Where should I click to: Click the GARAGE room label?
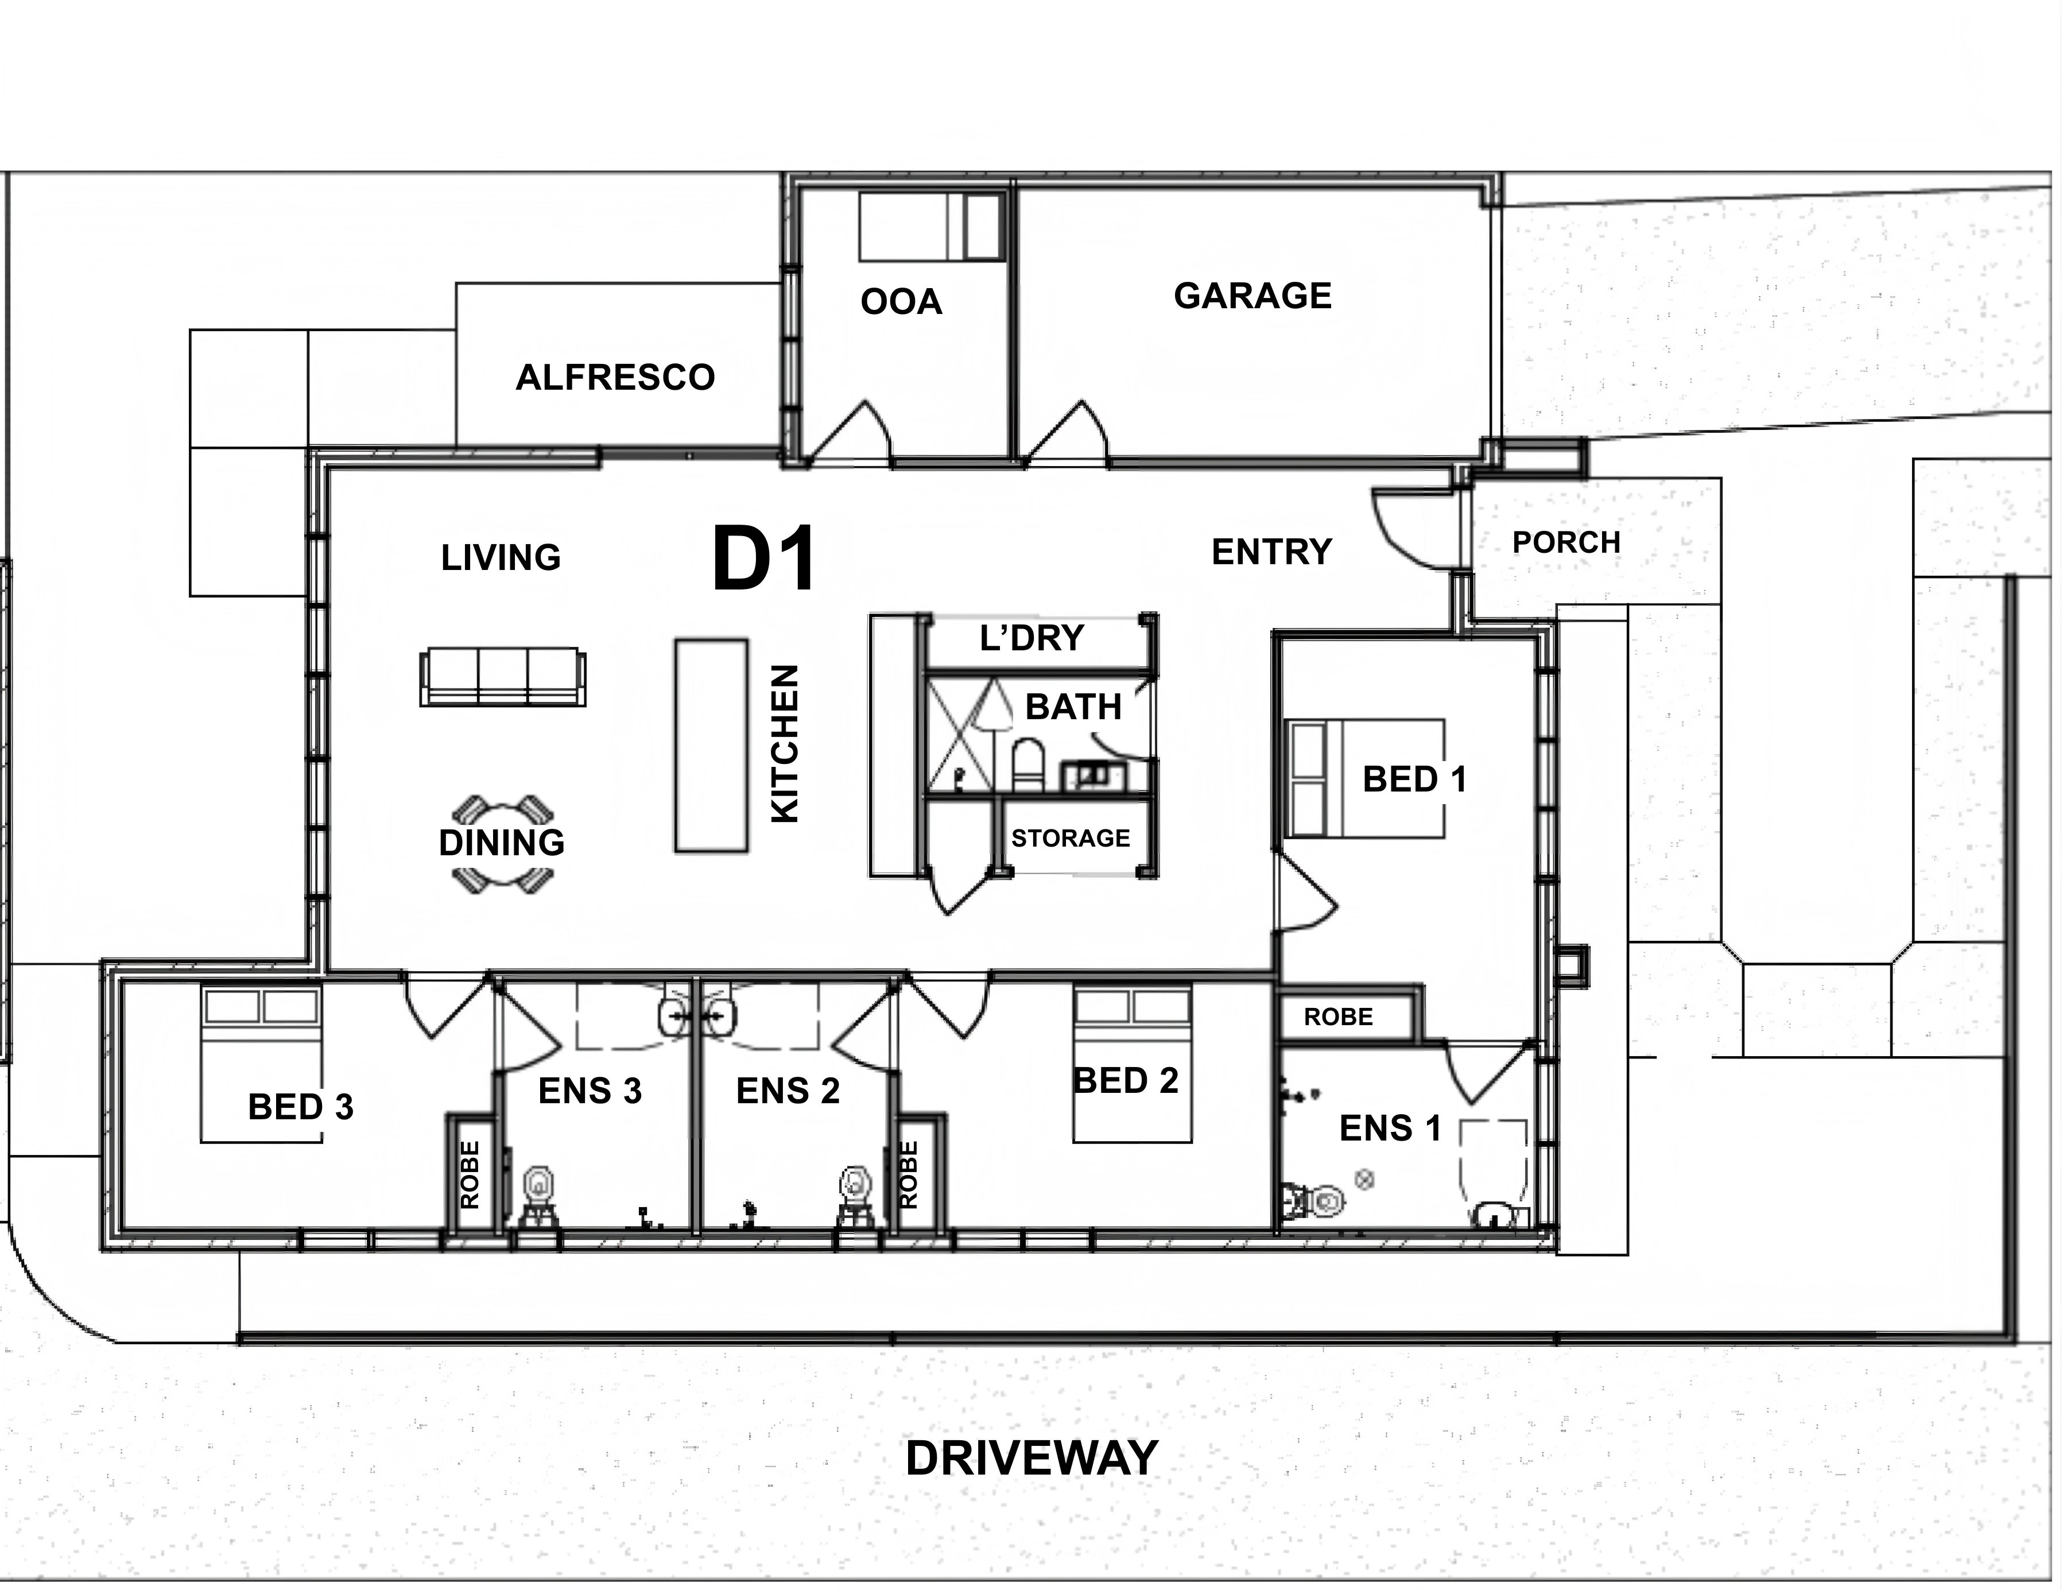pos(1252,296)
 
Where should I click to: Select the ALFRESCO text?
pos(615,377)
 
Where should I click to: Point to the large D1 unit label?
pos(763,559)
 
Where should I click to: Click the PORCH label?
pos(1566,542)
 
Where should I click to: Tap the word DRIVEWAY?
pos(1031,1458)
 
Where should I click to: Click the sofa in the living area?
pos(502,676)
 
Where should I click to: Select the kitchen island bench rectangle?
pos(711,746)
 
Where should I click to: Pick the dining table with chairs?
pos(502,844)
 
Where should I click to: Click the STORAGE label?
pos(1070,838)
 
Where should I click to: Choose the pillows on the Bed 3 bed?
pos(262,1007)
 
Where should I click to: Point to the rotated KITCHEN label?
pos(786,743)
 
